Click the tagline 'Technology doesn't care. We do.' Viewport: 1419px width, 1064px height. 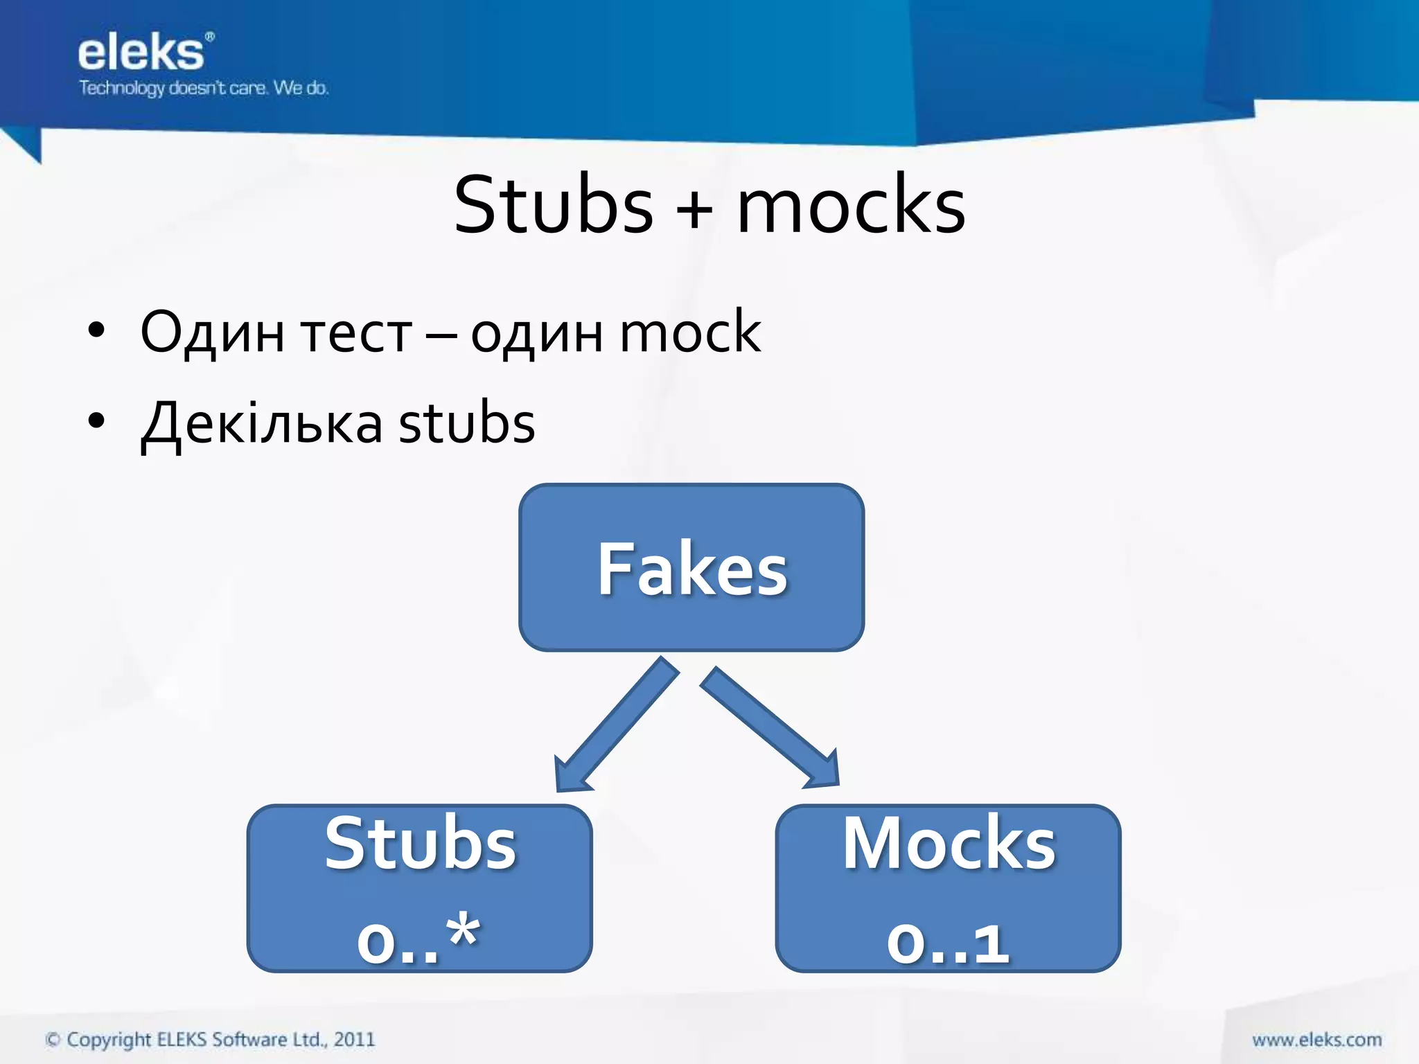203,88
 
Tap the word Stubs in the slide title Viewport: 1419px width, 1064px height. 553,205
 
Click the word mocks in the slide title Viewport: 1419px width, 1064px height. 851,205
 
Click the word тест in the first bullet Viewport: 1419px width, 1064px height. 356,334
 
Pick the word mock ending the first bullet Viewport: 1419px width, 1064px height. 690,331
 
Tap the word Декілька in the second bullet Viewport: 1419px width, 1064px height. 261,423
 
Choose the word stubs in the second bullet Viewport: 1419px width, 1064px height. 466,422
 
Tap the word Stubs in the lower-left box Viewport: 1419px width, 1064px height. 420,844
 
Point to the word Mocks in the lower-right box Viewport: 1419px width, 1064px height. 948,844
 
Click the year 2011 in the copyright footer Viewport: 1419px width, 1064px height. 354,1039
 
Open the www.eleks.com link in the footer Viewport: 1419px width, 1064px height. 1316,1040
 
